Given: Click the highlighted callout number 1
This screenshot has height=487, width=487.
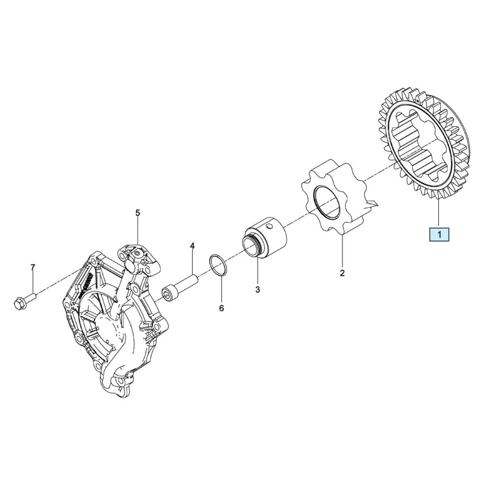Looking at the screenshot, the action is tap(439, 235).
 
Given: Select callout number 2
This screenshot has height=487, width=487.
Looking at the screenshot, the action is tap(342, 273).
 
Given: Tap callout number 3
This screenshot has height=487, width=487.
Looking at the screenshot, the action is tap(258, 289).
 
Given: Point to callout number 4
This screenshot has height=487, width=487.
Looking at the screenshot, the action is tap(192, 246).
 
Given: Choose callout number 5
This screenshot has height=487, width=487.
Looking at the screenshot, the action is tap(138, 213).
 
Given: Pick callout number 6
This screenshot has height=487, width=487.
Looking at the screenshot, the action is tap(221, 308).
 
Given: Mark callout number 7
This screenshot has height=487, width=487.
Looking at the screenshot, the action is tap(33, 267).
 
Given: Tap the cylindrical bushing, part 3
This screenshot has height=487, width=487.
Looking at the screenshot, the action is tap(264, 237).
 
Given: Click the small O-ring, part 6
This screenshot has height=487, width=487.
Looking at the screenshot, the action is tap(218, 265).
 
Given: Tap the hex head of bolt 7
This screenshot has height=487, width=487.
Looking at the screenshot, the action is tap(19, 303).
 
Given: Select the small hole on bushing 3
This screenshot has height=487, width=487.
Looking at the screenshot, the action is tap(271, 227).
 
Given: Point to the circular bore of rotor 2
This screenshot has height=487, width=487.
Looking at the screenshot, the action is tap(326, 202).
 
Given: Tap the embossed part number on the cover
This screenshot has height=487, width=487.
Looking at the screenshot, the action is tap(88, 285).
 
